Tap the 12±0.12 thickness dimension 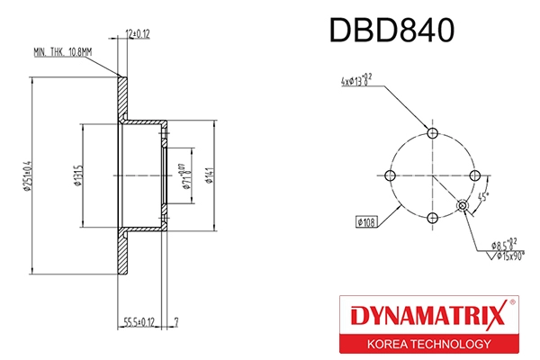pyautogui.click(x=137, y=33)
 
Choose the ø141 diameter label pyautogui.click(x=208, y=174)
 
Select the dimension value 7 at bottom pyautogui.click(x=177, y=320)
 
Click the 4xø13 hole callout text pyautogui.click(x=358, y=81)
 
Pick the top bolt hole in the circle pyautogui.click(x=433, y=133)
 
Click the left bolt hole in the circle pyautogui.click(x=391, y=175)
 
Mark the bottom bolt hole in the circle pyautogui.click(x=433, y=217)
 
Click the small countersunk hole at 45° pyautogui.click(x=463, y=205)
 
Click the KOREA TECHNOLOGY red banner pyautogui.click(x=427, y=344)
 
